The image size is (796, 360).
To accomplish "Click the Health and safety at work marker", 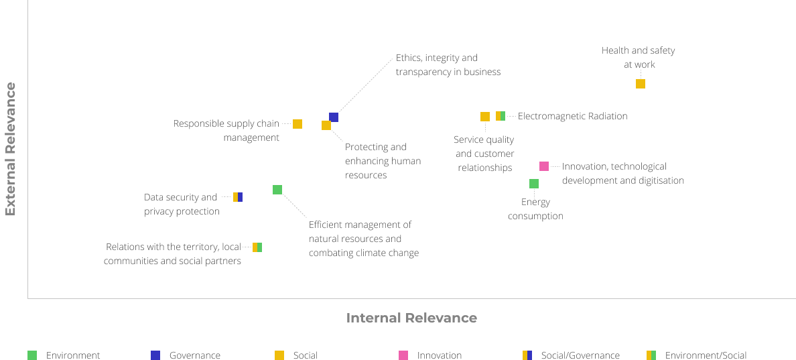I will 641,84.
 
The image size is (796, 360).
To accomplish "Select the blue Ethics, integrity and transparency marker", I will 334,117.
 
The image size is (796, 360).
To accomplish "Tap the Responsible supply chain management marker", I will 297,124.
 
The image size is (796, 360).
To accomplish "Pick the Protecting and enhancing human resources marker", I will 326,125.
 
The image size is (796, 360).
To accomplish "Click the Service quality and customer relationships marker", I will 485,117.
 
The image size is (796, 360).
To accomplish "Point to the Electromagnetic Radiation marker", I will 501,116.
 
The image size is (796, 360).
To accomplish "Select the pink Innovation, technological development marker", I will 544,166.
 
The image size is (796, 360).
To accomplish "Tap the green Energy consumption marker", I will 534,184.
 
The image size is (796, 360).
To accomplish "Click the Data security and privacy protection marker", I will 238,197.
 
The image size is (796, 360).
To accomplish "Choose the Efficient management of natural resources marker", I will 277,190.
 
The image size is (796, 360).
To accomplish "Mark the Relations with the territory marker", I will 257,247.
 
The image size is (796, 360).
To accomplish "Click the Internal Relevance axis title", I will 411,318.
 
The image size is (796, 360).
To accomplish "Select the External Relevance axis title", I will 11,149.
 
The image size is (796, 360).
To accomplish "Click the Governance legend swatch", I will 155,355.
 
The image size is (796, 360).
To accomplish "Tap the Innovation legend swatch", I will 403,355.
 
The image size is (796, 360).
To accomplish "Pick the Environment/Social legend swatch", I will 651,355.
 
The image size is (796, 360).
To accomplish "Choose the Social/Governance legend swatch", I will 527,355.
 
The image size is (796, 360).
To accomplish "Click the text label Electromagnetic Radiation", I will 572,116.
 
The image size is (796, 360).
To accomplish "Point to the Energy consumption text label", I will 535,209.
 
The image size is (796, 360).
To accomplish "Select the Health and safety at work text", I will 639,58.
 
